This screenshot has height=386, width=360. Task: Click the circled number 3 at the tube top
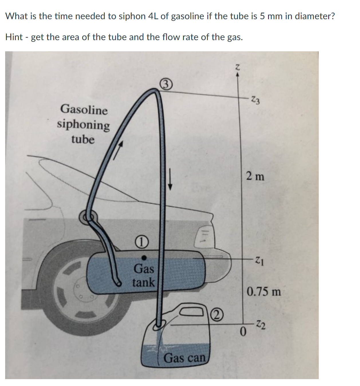click(166, 85)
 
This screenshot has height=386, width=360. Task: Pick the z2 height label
click(260, 325)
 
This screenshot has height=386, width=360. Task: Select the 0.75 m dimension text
click(264, 292)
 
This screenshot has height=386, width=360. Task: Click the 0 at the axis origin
click(243, 332)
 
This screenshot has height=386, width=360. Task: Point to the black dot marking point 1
click(145, 258)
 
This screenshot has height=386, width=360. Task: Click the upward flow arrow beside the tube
click(118, 150)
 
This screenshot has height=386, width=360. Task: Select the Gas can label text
click(185, 358)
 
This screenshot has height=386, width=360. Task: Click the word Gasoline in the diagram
click(84, 110)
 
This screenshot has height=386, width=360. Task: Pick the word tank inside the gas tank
click(143, 283)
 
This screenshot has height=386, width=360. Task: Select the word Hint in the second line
click(14, 37)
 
